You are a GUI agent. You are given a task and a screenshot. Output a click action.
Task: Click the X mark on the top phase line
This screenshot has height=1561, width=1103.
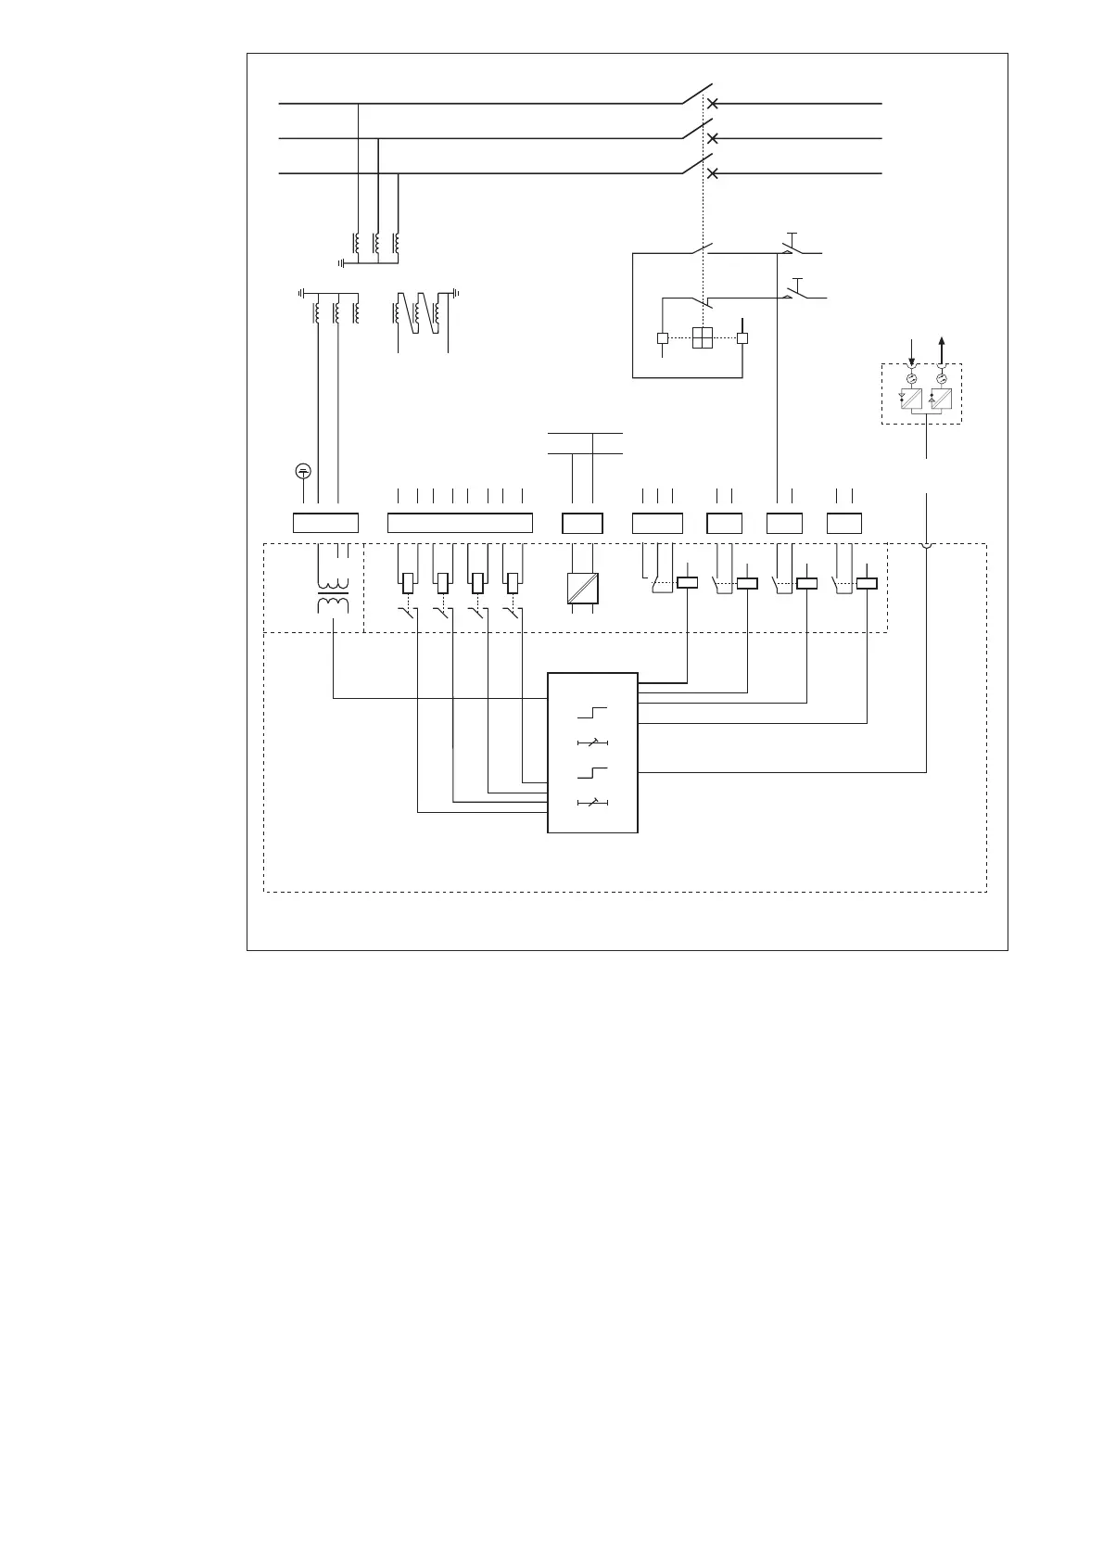[x=713, y=104]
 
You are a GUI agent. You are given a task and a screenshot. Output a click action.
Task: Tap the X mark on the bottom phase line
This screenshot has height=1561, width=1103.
[x=713, y=173]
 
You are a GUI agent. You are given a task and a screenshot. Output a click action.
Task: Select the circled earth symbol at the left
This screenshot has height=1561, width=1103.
[x=303, y=471]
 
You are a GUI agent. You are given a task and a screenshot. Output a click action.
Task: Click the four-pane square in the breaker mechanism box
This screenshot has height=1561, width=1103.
[x=703, y=338]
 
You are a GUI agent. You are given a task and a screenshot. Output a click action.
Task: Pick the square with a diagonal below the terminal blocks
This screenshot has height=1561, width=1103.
[x=582, y=589]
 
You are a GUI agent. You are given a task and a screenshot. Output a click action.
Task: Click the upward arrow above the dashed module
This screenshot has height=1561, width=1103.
[x=943, y=349]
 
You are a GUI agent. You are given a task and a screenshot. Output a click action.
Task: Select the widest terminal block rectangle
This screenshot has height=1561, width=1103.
[x=460, y=523]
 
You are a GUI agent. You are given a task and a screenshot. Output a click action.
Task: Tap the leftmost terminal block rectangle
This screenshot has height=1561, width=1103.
[x=325, y=523]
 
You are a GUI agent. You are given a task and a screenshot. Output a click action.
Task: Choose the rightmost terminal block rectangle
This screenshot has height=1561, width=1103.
[x=844, y=523]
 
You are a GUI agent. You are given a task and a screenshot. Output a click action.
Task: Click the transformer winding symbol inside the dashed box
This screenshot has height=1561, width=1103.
[x=334, y=598]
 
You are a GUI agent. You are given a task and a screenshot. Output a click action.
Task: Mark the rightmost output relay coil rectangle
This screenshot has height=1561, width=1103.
[x=867, y=584]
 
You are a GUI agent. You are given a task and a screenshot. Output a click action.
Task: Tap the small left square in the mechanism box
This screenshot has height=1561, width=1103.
[x=662, y=338]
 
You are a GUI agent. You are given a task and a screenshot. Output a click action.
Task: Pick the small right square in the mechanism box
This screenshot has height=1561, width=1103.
[x=742, y=338]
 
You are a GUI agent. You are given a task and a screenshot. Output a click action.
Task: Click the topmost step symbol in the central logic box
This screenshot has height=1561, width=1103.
[x=593, y=713]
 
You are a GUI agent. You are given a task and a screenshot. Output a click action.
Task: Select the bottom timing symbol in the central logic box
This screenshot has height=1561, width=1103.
[x=593, y=802]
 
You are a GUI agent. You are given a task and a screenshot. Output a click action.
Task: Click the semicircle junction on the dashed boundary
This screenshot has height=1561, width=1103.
[x=926, y=544]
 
